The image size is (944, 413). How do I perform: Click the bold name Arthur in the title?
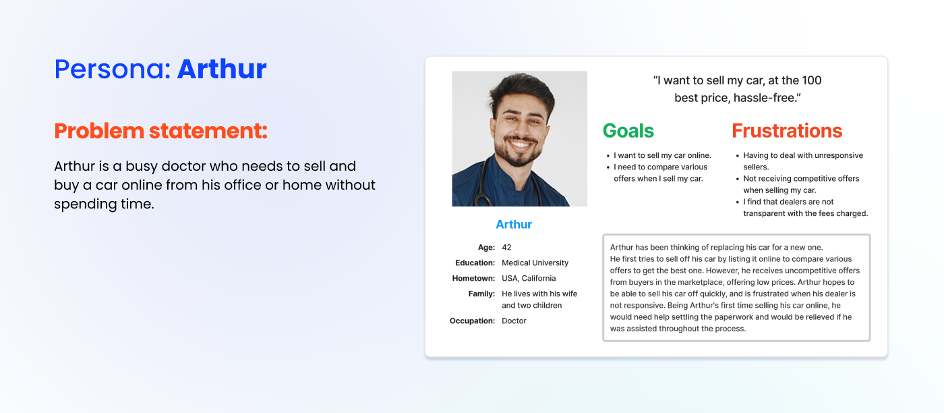222,69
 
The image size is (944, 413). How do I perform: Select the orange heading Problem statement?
160,131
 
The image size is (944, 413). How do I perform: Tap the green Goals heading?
628,131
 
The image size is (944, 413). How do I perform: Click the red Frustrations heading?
787,131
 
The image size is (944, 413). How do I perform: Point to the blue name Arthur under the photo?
514,225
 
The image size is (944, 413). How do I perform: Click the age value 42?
506,247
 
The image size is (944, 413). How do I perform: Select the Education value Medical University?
535,263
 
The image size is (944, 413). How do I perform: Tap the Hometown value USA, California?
529,279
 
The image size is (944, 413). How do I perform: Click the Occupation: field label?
473,321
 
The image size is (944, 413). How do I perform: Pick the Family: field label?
481,294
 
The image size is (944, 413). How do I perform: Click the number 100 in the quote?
812,80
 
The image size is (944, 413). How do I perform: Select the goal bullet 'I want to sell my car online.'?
662,156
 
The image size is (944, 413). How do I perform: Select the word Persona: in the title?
113,69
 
